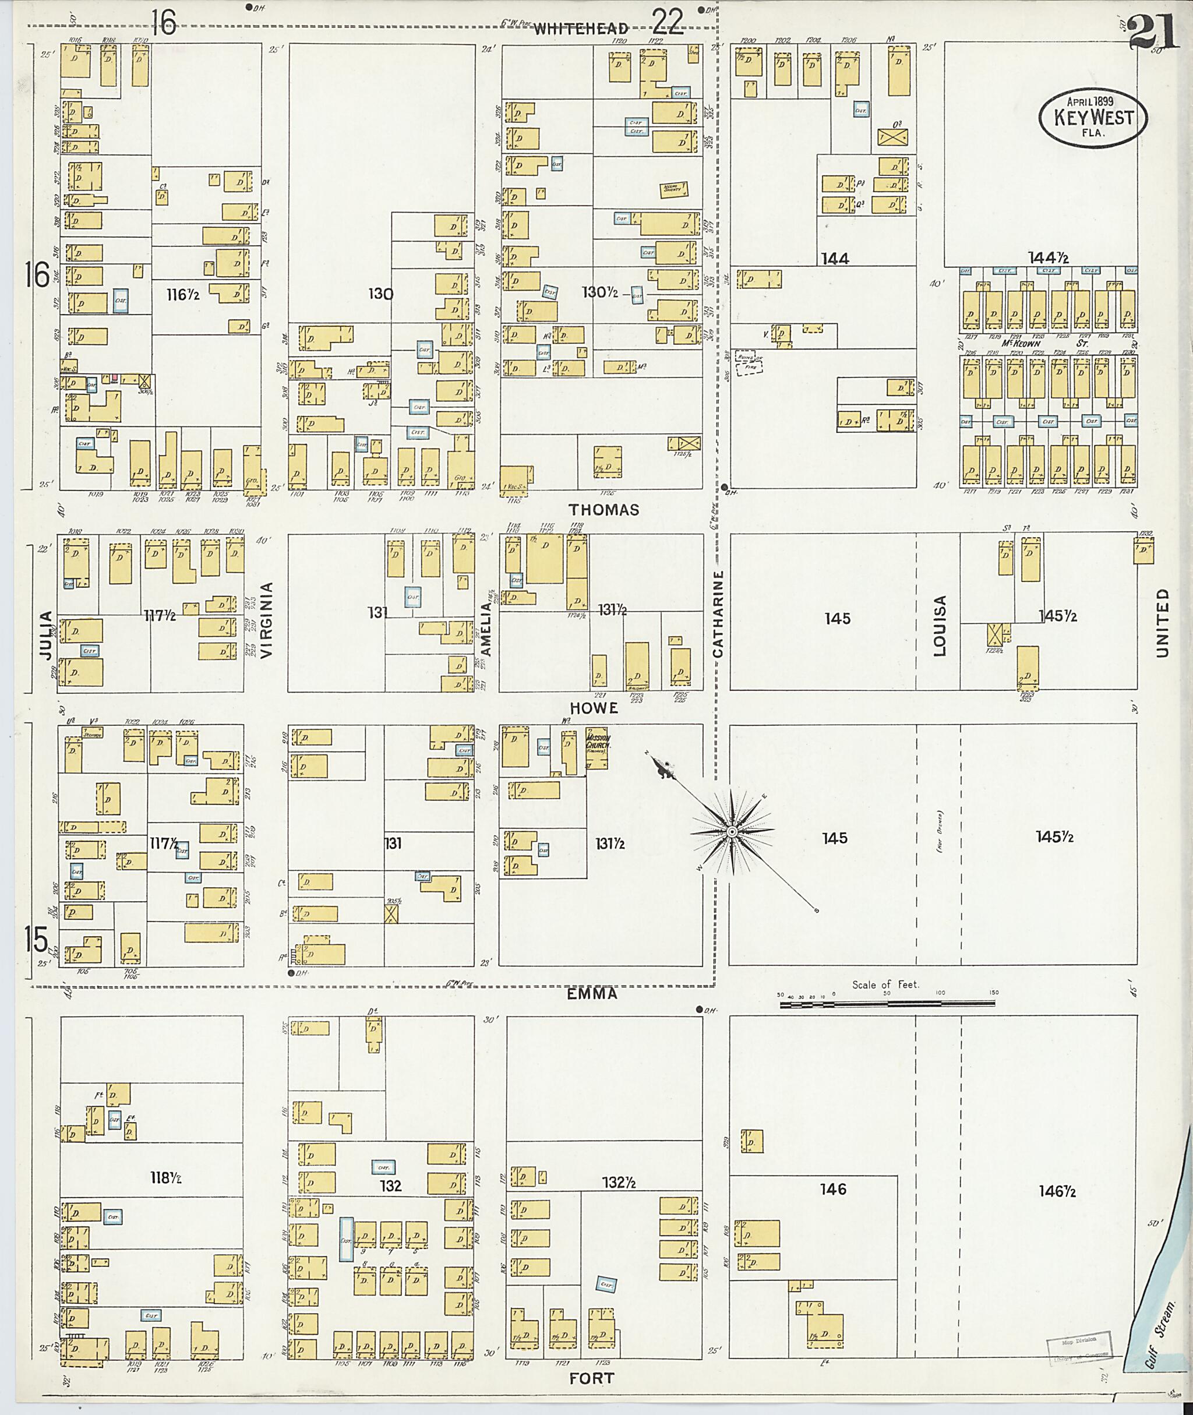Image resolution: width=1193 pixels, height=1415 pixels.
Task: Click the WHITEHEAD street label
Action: click(581, 29)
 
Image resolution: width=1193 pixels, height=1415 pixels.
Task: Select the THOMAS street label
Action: click(604, 510)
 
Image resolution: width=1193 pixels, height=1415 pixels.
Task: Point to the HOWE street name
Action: click(594, 707)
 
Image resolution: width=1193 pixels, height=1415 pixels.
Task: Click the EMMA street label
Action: click(592, 994)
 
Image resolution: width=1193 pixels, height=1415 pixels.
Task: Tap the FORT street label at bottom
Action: click(592, 1378)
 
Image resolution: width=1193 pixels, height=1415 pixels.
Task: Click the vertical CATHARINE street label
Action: click(718, 613)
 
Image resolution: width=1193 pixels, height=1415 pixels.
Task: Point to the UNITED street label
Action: click(1163, 622)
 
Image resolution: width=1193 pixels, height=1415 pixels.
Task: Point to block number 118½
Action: click(165, 1177)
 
